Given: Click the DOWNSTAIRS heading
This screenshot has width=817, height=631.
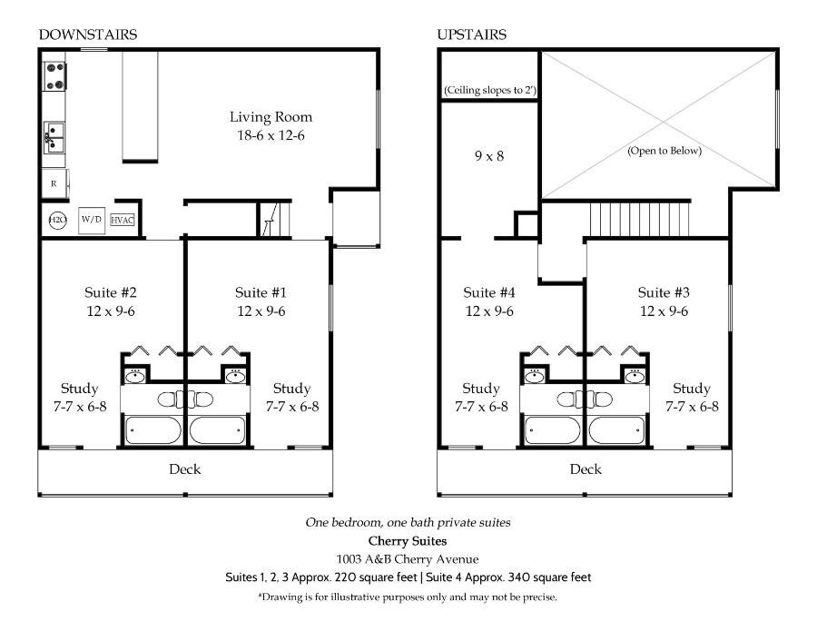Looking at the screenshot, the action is pyautogui.click(x=87, y=35).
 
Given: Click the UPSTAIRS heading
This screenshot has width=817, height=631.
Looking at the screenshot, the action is pyautogui.click(x=471, y=35).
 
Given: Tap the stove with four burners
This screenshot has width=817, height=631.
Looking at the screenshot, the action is pyautogui.click(x=54, y=76).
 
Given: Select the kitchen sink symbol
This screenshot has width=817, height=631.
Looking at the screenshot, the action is pyautogui.click(x=54, y=138).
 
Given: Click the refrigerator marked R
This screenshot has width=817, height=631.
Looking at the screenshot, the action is pyautogui.click(x=54, y=183).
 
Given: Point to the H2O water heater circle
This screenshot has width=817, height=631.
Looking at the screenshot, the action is pyautogui.click(x=57, y=220).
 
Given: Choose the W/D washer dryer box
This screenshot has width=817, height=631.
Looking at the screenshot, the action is pyautogui.click(x=91, y=220).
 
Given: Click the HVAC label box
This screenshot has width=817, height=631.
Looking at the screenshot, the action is pyautogui.click(x=123, y=221).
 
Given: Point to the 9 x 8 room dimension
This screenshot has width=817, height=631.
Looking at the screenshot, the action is pyautogui.click(x=489, y=156).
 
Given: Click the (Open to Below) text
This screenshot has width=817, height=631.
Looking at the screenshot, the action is pyautogui.click(x=664, y=151).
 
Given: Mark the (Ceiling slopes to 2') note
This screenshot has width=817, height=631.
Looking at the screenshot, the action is pyautogui.click(x=490, y=90).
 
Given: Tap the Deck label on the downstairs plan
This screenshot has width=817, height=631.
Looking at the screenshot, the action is pyautogui.click(x=185, y=469).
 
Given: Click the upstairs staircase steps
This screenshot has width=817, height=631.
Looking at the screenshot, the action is pyautogui.click(x=639, y=220).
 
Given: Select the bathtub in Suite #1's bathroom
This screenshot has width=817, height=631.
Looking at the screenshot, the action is pyautogui.click(x=217, y=430).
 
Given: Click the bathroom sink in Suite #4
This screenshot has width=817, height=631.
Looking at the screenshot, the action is pyautogui.click(x=534, y=376).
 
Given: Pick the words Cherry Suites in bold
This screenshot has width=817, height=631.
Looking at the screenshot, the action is pyautogui.click(x=408, y=541).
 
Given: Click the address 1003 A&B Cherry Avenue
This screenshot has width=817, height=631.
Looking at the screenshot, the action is pyautogui.click(x=408, y=559).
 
